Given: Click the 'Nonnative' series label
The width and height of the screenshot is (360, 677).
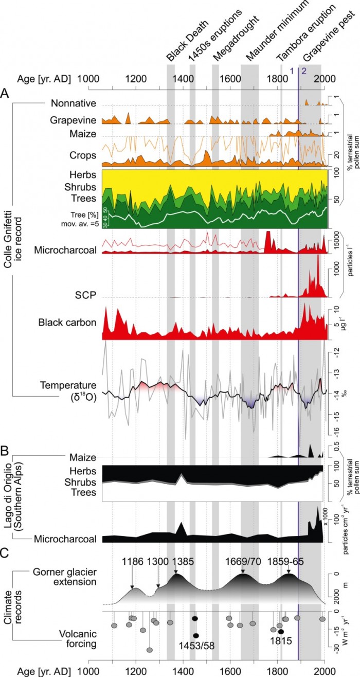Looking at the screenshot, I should (74, 103).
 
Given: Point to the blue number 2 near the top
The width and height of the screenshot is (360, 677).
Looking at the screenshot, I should (304, 71).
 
